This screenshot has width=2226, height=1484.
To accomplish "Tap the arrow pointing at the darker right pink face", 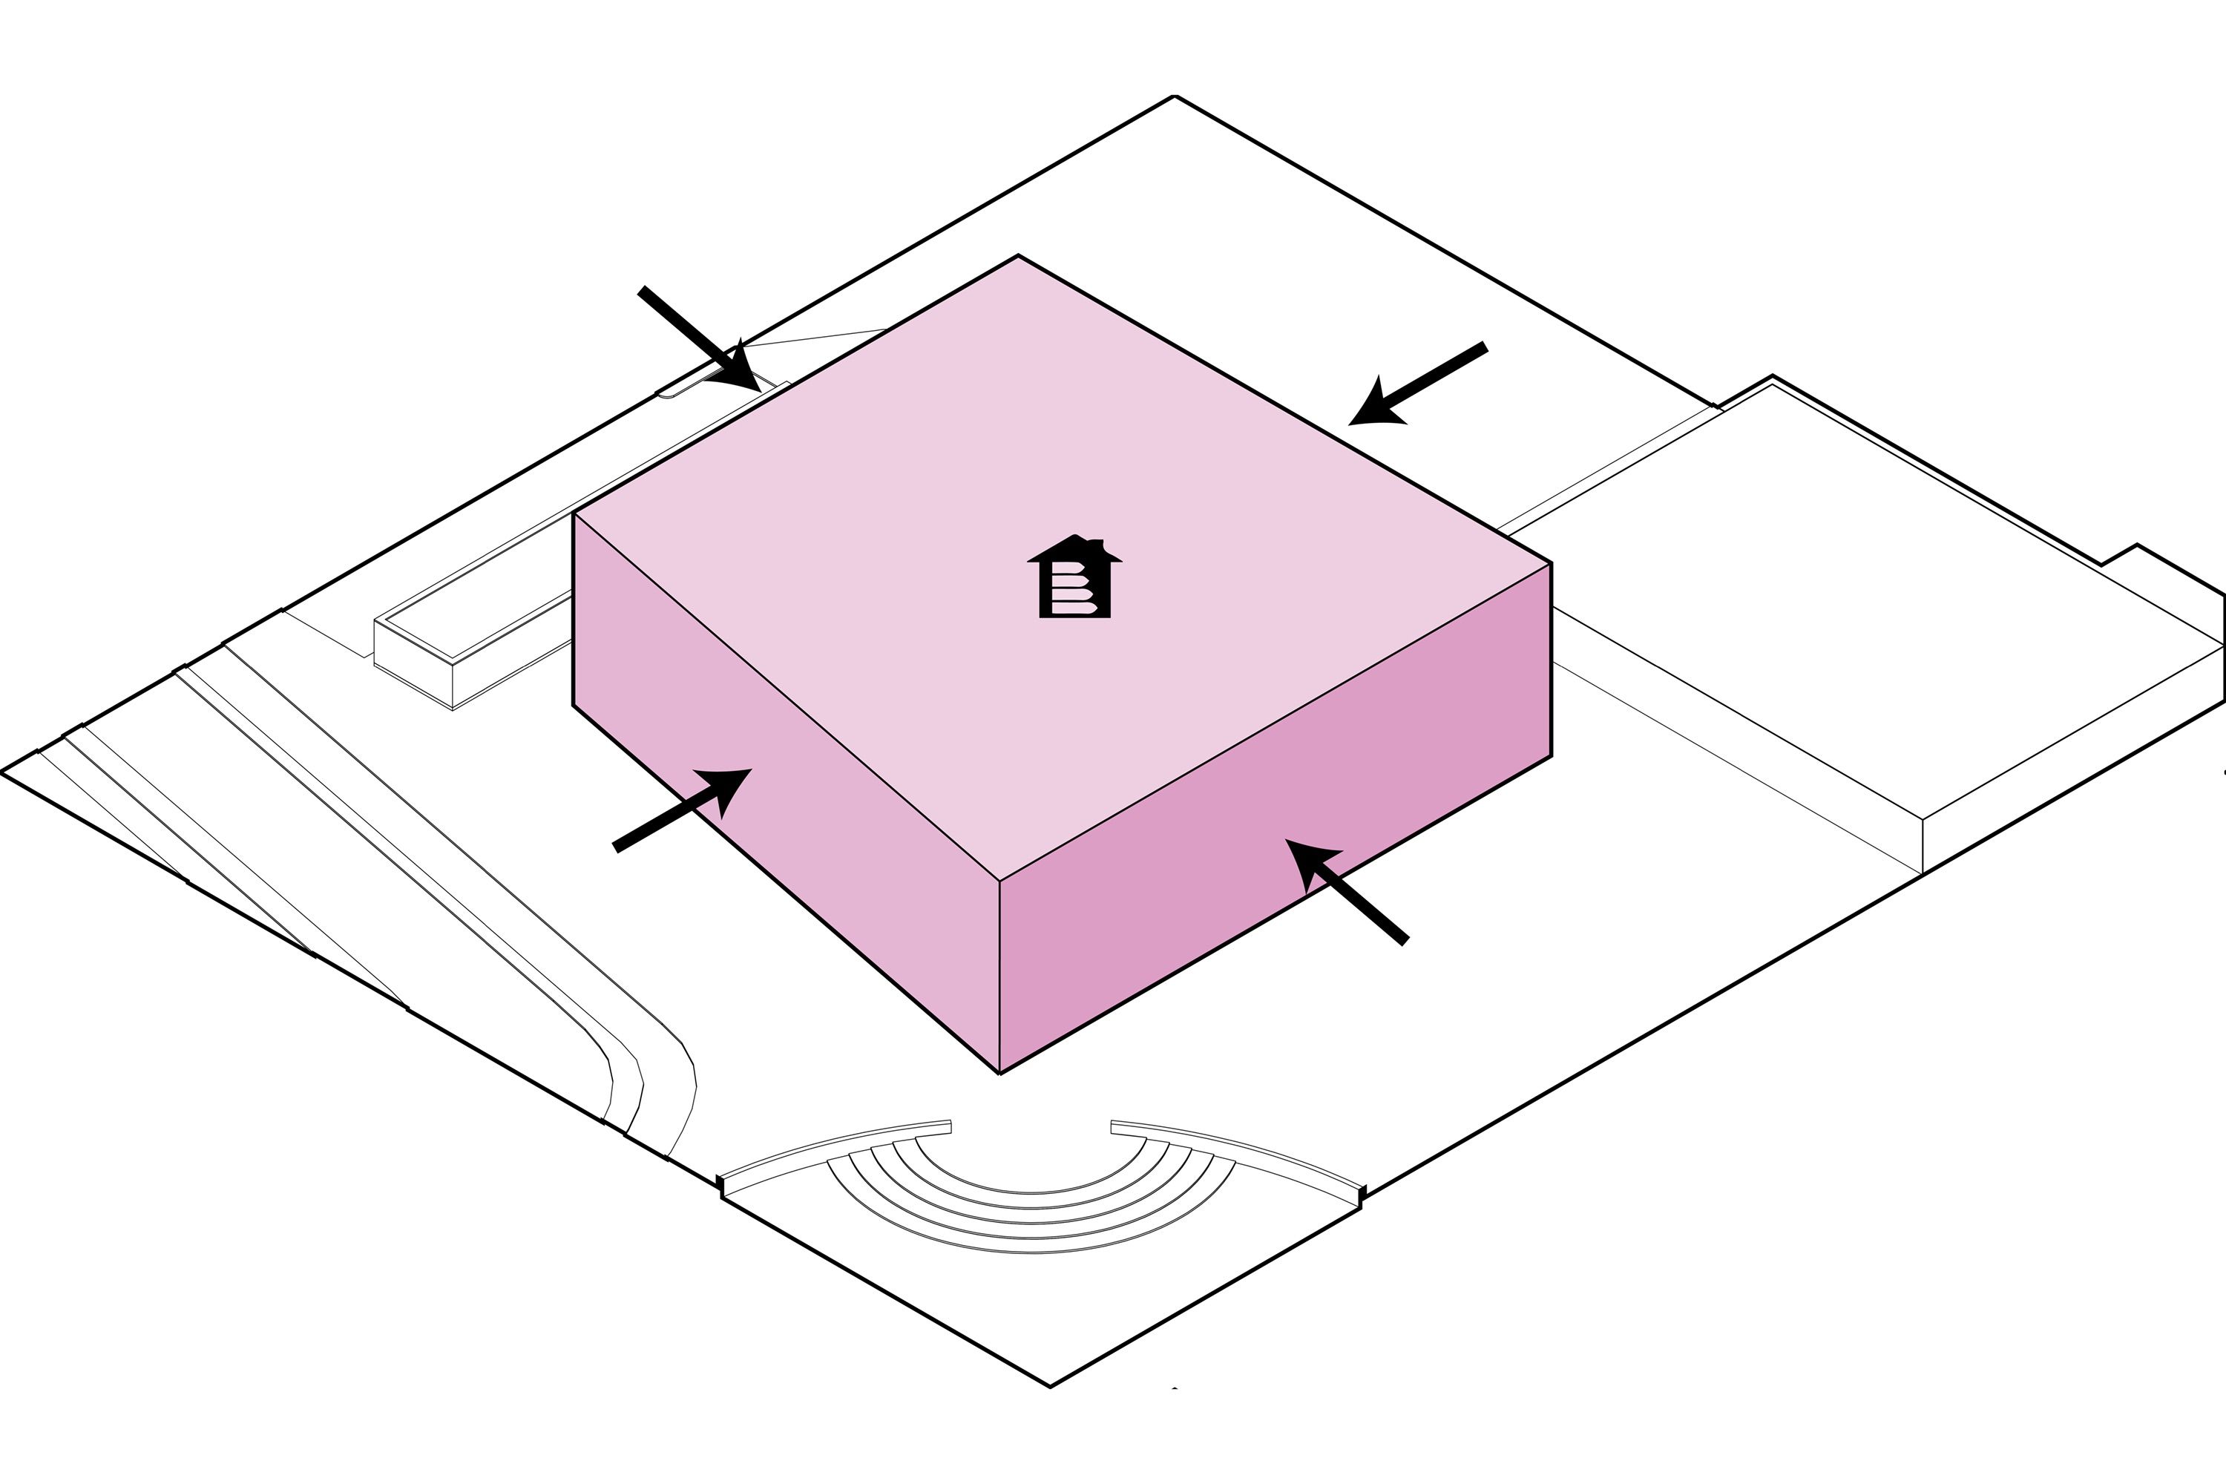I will click(x=1343, y=890).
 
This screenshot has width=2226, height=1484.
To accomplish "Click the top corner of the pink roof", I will click(x=1018, y=257).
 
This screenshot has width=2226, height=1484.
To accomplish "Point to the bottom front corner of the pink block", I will click(x=999, y=1072).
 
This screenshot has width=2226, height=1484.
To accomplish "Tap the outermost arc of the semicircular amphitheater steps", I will click(x=1031, y=1251).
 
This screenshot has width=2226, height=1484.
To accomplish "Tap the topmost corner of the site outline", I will click(x=1175, y=96).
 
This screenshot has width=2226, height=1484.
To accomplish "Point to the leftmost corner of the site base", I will click(x=4, y=772).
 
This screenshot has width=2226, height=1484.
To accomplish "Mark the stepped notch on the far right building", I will click(x=2120, y=557).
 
